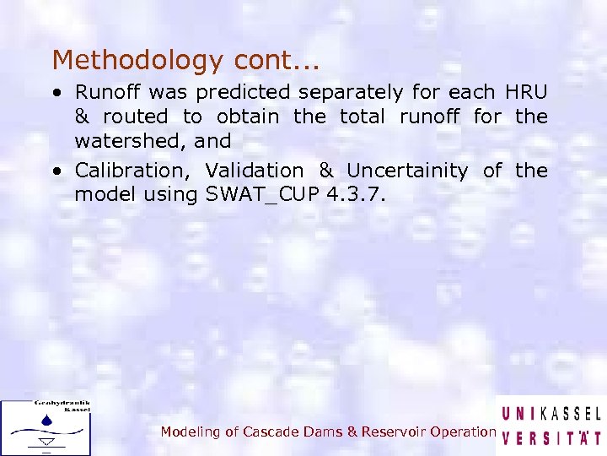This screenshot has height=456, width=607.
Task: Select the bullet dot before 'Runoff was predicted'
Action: (56, 92)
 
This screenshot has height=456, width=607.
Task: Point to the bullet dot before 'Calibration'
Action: (56, 171)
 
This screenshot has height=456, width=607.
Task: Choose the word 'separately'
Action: (360, 91)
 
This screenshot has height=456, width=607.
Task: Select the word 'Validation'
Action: (254, 171)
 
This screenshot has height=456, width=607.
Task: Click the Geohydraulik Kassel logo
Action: (46, 426)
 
